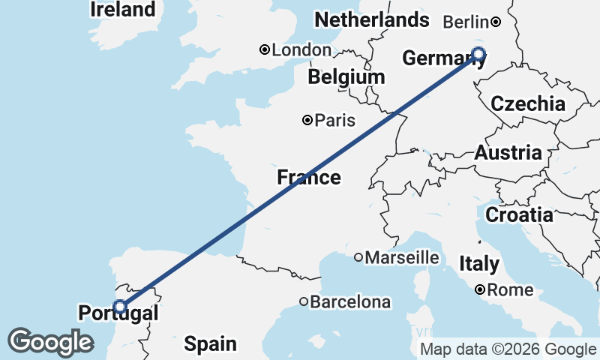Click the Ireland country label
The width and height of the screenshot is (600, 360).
[x=123, y=10]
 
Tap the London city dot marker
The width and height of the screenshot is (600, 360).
[x=264, y=49]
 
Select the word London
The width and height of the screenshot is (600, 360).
[x=301, y=49]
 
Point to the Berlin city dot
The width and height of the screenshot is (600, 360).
[x=496, y=22]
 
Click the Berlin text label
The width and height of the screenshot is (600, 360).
[x=466, y=22]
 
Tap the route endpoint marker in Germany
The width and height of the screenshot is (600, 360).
[x=478, y=53]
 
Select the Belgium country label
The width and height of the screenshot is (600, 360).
[x=346, y=77]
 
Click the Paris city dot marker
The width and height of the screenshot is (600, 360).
[x=307, y=120]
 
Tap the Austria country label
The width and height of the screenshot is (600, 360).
[x=508, y=153]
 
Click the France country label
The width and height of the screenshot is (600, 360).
[x=308, y=178]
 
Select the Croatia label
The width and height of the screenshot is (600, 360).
[x=519, y=215]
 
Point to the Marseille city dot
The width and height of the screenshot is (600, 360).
[x=358, y=257]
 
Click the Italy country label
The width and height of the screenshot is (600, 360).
[x=479, y=264]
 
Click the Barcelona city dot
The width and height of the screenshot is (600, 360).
[x=303, y=301]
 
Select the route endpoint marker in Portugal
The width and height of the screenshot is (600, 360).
[x=119, y=307]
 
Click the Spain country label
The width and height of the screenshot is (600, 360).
[x=210, y=344]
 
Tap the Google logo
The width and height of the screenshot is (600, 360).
[x=50, y=342]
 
